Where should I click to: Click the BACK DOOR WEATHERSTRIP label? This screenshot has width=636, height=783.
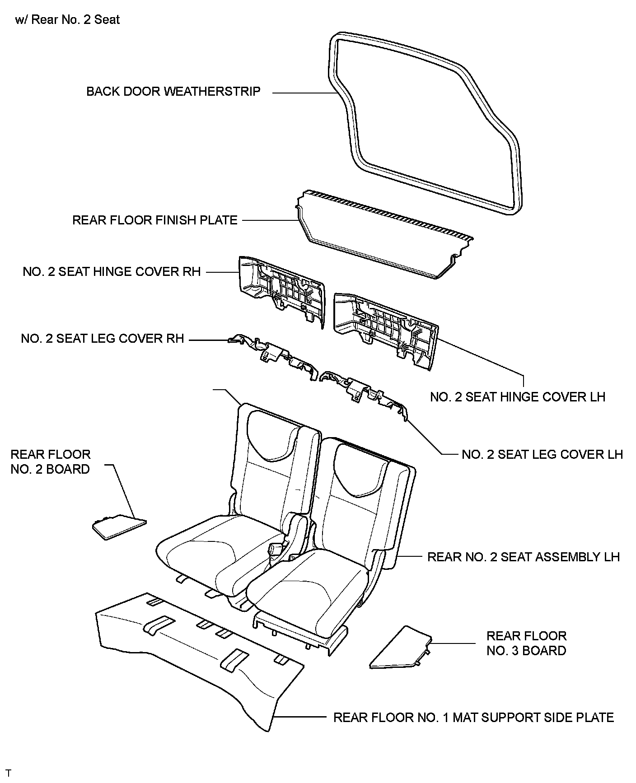pos(173,92)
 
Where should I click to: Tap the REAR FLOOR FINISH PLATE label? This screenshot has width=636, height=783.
pos(155,220)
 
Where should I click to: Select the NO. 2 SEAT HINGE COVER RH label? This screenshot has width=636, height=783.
pos(112,272)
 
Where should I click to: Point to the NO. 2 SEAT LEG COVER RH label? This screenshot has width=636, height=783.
pos(103,339)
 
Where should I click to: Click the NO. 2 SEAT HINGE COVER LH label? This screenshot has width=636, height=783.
pos(518,397)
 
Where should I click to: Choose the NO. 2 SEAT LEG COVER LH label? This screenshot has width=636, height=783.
pos(542,454)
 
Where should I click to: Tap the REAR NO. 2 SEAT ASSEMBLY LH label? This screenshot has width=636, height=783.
pos(524,557)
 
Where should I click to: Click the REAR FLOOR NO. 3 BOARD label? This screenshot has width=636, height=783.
pos(526,643)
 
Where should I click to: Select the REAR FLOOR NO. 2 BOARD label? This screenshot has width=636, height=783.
pos(50,461)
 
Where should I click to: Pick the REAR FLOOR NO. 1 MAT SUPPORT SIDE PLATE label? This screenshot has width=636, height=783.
pos(473,718)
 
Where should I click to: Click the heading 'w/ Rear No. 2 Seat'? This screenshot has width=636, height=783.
pos(67,20)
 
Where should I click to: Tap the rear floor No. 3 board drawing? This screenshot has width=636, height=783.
pos(400,648)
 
